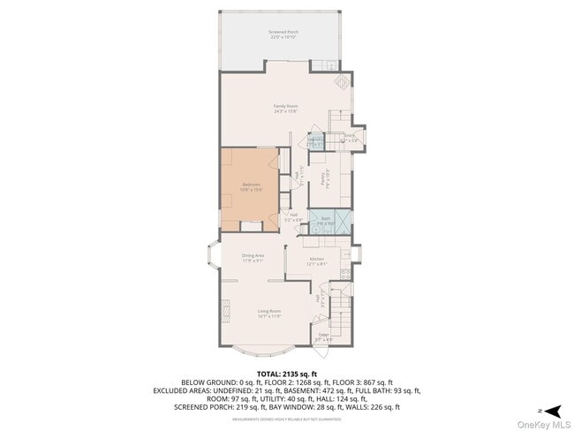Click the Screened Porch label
283,34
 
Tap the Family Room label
284,109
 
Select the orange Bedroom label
252,186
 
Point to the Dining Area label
253,258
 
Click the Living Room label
268,313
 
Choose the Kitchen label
316,261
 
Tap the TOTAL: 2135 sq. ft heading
286,374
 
